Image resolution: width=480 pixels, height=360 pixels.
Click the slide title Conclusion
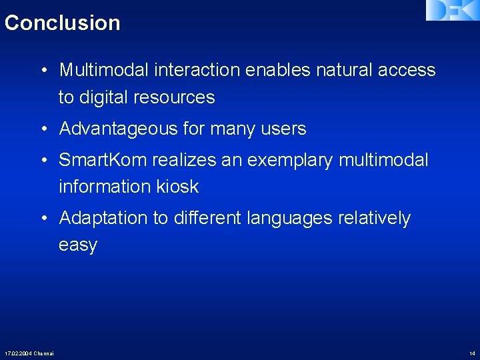[62, 23]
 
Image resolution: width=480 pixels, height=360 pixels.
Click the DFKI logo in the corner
[453, 10]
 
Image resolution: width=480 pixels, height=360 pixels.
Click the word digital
[104, 97]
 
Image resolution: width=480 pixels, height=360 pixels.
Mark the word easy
[78, 245]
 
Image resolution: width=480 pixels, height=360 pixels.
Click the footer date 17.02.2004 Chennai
[29, 353]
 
